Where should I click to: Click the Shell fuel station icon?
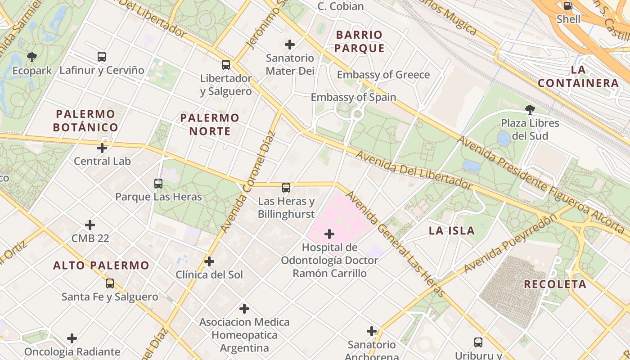568,6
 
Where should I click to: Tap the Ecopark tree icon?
32,57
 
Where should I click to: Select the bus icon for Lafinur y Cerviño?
102,57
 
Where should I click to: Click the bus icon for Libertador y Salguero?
226,65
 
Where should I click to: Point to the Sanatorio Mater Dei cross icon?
290,45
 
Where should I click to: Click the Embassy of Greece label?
383,75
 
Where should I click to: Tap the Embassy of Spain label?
353,97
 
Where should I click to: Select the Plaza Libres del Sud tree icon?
530,109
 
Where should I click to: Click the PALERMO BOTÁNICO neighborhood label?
85,121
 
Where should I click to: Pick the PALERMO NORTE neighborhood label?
210,125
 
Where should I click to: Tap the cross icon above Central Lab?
102,148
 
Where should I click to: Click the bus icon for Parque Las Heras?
158,184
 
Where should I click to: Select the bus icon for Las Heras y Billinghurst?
286,188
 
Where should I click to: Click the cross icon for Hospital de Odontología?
329,234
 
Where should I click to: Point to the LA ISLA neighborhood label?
451,231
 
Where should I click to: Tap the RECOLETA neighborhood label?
555,284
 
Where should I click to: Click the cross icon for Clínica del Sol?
209,261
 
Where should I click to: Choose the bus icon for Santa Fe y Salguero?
110,283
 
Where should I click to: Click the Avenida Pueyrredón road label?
510,243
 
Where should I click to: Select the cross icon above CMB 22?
90,225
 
